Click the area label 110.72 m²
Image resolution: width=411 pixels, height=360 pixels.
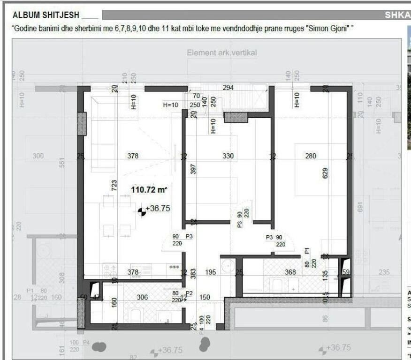[x=149, y=189]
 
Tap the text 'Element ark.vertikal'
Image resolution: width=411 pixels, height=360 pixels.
[x=221, y=52]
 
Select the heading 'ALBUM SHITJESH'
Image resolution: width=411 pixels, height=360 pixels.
[x=46, y=15]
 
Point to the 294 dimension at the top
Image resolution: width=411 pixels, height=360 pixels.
[x=228, y=88]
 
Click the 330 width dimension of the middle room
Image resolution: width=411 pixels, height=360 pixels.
[x=228, y=156]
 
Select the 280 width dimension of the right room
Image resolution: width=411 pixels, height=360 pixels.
[x=311, y=156]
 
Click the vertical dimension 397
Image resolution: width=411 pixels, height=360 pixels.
[x=192, y=170]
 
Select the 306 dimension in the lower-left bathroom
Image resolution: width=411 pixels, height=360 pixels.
[x=142, y=297]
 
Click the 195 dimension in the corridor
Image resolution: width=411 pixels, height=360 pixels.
[x=211, y=272]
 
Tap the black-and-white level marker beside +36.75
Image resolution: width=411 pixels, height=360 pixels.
[x=141, y=211]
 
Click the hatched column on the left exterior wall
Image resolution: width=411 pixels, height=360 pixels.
[x=82, y=124]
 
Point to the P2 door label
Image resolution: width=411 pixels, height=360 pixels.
[x=190, y=293]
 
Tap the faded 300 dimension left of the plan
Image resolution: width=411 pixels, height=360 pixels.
[x=38, y=156]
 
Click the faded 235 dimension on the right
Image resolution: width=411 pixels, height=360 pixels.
[x=384, y=272]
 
